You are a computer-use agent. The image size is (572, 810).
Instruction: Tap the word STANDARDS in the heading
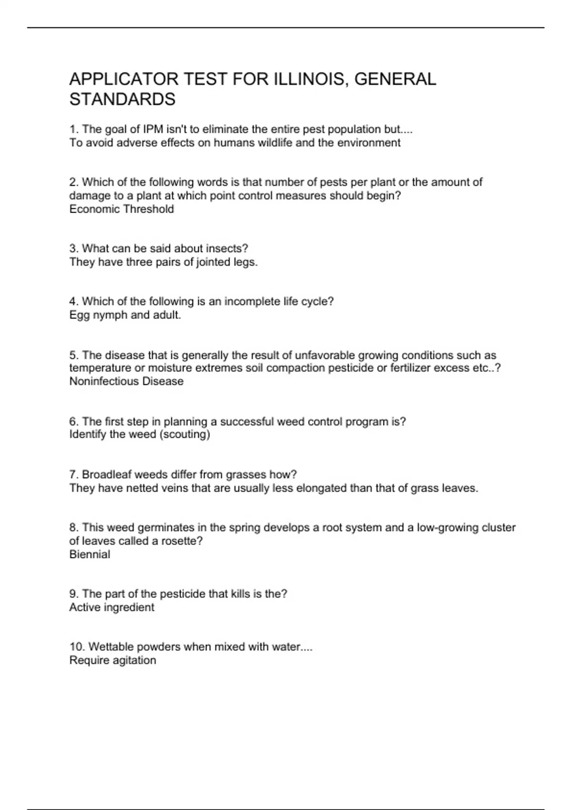(123, 99)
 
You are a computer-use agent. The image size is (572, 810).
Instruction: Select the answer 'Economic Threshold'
(122, 209)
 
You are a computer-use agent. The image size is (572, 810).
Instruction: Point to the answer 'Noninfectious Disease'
(126, 381)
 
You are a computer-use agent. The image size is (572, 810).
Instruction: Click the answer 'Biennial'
(90, 554)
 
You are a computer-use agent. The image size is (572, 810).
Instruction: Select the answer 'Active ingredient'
(112, 607)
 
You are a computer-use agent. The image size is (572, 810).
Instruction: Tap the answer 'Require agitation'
(112, 660)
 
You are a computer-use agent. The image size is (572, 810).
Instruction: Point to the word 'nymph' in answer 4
(109, 315)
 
